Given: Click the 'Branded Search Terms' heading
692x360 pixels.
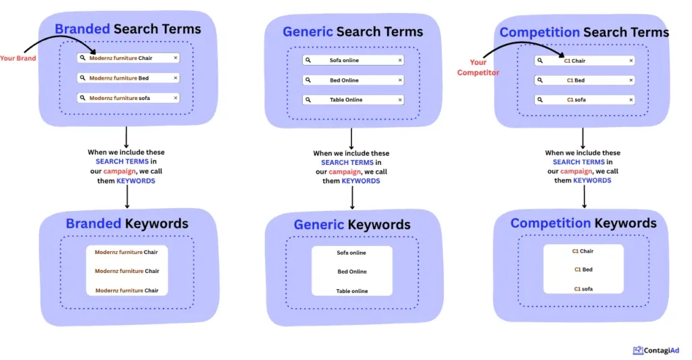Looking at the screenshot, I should point(128,29).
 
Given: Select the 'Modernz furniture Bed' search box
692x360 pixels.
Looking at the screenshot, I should point(128,78).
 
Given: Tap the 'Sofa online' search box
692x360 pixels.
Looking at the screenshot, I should point(352,60).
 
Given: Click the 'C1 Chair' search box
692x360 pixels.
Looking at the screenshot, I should point(584,61).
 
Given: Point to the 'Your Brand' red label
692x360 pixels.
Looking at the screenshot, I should point(18,58).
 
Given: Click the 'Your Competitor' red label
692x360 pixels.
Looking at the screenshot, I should point(478,68).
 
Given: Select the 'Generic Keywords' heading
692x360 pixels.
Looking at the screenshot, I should point(351,225).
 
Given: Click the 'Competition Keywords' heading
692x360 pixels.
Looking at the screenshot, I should point(583,223).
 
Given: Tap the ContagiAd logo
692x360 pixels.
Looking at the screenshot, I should point(656,351).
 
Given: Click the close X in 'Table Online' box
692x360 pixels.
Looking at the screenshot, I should point(399,100).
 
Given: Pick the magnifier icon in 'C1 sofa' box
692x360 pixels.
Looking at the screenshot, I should point(539,100).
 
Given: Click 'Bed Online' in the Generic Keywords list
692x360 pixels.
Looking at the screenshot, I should point(352,272).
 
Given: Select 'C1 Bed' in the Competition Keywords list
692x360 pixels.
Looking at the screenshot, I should point(583,269).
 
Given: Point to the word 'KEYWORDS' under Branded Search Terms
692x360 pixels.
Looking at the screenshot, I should point(136,181).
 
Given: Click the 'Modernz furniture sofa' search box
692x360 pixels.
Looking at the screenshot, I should point(128,98).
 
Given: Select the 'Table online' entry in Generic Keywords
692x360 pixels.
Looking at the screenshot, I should point(352,291).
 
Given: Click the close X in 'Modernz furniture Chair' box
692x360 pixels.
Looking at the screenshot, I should point(176,58).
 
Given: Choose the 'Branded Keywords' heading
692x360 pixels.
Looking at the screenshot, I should point(127,224).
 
